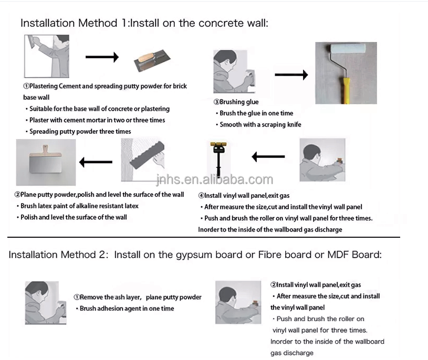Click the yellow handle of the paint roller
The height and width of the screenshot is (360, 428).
click(346, 91)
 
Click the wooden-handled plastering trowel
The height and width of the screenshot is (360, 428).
click(152, 60)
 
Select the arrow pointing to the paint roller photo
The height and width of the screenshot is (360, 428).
click(291, 75)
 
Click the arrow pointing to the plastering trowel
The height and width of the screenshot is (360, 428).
click(102, 57)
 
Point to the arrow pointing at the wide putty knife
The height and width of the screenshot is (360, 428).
click(96, 162)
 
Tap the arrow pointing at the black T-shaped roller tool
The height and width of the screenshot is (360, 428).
click(268, 156)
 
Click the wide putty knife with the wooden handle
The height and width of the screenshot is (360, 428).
click(45, 160)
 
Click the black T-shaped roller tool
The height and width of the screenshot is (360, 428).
click(218, 158)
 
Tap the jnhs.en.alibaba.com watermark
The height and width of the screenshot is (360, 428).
click(215, 179)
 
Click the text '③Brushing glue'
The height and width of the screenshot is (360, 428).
click(236, 102)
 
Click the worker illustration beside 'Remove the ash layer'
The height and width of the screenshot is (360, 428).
click(46, 303)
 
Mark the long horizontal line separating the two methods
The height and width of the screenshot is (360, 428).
click(204, 237)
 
